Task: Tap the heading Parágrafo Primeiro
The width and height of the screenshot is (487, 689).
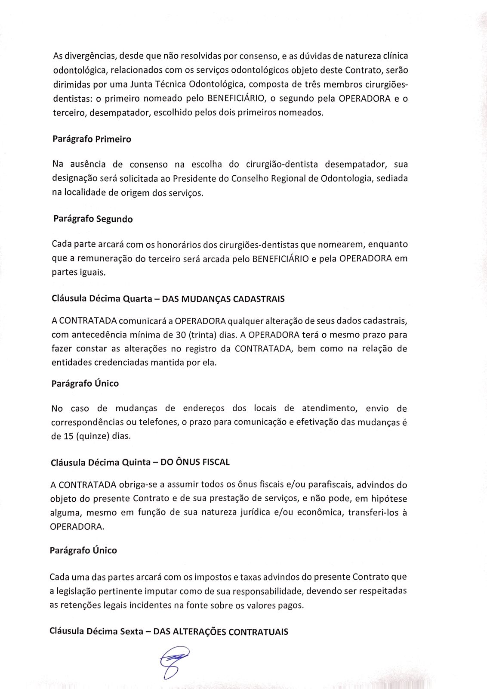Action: pyautogui.click(x=92, y=140)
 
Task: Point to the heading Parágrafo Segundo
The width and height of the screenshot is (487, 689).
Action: pyautogui.click(x=93, y=219)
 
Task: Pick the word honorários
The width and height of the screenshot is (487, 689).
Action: pyautogui.click(x=178, y=245)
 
